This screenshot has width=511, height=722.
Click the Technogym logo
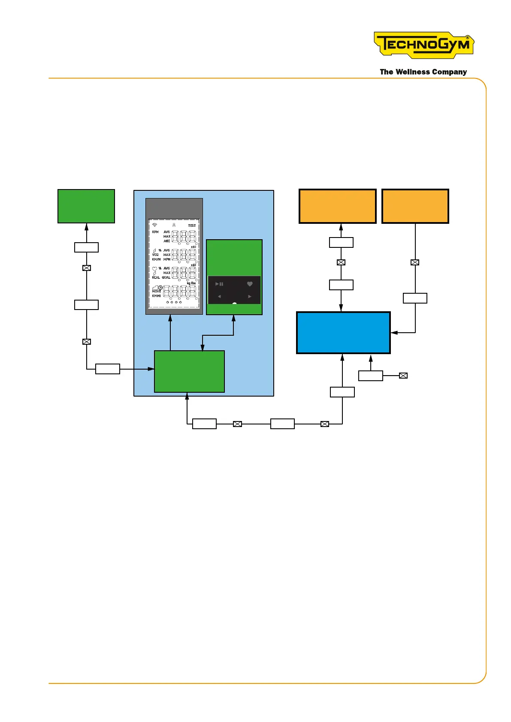pos(423,45)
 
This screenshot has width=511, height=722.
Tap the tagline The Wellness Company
pos(423,72)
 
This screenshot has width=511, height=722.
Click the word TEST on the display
pos(192,226)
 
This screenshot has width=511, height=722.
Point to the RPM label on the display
pos(155,232)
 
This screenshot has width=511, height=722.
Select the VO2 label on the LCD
pos(155,255)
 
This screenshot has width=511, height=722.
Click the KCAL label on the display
pos(156,277)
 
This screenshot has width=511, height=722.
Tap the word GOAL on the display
pos(166,277)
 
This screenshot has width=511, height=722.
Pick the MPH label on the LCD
pos(167,259)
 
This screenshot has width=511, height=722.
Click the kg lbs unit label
pos(191,283)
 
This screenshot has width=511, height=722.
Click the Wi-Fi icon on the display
pos(155,225)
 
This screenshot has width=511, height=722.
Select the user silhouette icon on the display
pos(174,225)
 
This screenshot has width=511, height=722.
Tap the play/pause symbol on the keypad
pos(219,284)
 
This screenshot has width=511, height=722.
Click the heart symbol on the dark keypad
pos(250,284)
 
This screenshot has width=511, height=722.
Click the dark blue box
pos(343,333)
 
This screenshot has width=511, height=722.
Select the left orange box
pos(337,206)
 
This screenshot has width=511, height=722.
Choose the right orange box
pos(415,206)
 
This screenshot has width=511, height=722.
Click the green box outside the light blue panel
pos(86,206)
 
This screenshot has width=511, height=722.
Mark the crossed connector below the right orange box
pos(415,262)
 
